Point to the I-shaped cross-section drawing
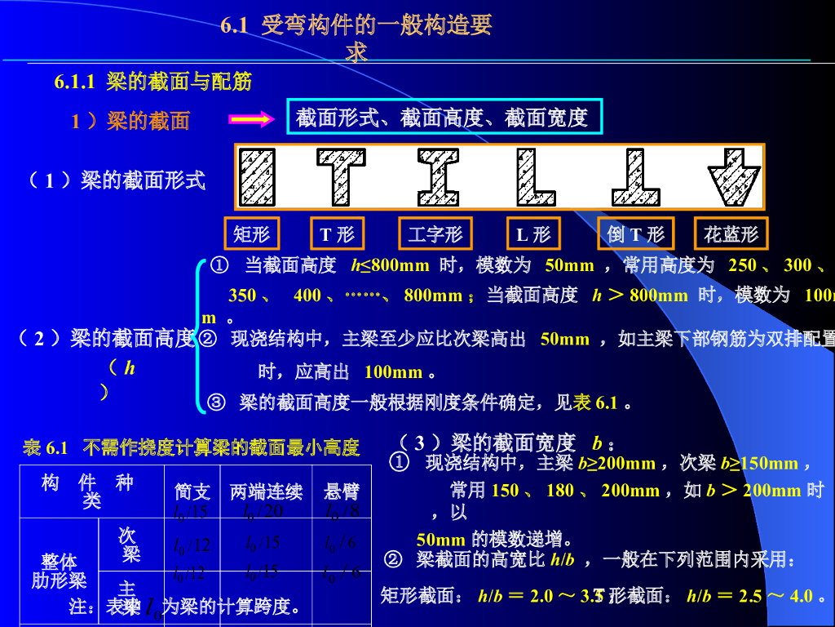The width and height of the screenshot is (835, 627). [x=438, y=176]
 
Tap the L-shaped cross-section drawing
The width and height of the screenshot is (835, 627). [x=535, y=176]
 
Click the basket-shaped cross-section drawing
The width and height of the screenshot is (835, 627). [x=734, y=176]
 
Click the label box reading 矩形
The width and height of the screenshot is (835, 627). [x=251, y=234]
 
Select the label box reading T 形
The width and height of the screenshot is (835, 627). [x=337, y=234]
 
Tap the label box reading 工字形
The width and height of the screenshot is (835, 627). [x=435, y=234]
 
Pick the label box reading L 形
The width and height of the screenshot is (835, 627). [x=533, y=234]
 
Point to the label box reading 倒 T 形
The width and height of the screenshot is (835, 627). [x=636, y=234]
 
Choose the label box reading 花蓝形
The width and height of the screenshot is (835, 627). [x=731, y=234]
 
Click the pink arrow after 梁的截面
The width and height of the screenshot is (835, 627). [x=250, y=121]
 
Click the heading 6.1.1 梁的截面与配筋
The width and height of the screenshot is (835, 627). [x=152, y=82]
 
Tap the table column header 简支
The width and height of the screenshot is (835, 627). [x=192, y=491]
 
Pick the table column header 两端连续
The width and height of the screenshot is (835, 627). [x=267, y=491]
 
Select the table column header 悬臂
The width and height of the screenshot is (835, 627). [x=342, y=491]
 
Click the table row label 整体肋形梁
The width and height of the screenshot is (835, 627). [x=59, y=571]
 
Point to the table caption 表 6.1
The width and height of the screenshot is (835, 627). [x=46, y=447]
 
